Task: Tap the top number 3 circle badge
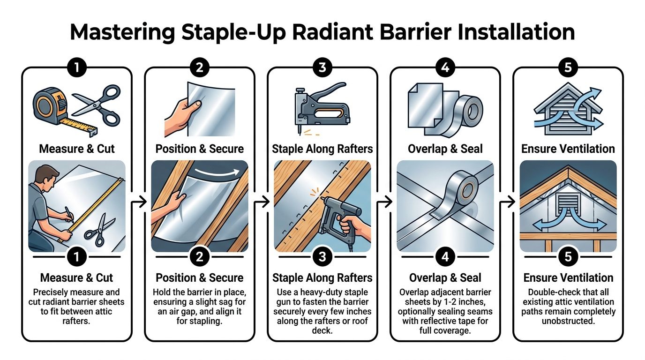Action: coord(322,67)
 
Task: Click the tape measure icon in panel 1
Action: coord(51,107)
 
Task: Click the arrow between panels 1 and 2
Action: coord(139,202)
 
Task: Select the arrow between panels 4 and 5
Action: coord(507,202)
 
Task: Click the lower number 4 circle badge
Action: coord(445,256)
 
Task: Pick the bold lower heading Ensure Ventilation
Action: coord(568,277)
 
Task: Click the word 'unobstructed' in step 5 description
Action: coord(568,321)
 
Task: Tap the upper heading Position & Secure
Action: coord(199,149)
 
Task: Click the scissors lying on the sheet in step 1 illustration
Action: coord(99,231)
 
